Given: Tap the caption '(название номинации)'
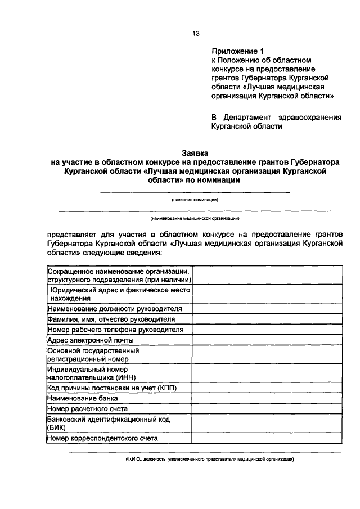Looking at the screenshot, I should [195, 200].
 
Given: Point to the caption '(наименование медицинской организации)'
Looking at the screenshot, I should [195, 218].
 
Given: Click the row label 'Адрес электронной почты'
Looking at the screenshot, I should [91, 340].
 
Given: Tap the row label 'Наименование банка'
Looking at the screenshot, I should [83, 398].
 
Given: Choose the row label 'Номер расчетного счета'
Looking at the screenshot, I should [88, 409].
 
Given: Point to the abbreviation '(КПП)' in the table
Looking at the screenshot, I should [174, 388].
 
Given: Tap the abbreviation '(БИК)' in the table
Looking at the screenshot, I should [57, 427].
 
